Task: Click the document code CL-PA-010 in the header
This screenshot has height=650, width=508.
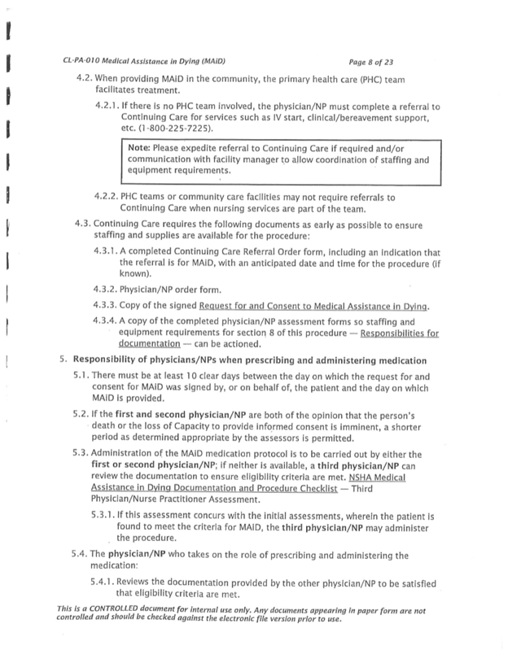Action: click(x=84, y=62)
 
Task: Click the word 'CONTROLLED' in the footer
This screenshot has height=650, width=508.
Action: click(x=112, y=609)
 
